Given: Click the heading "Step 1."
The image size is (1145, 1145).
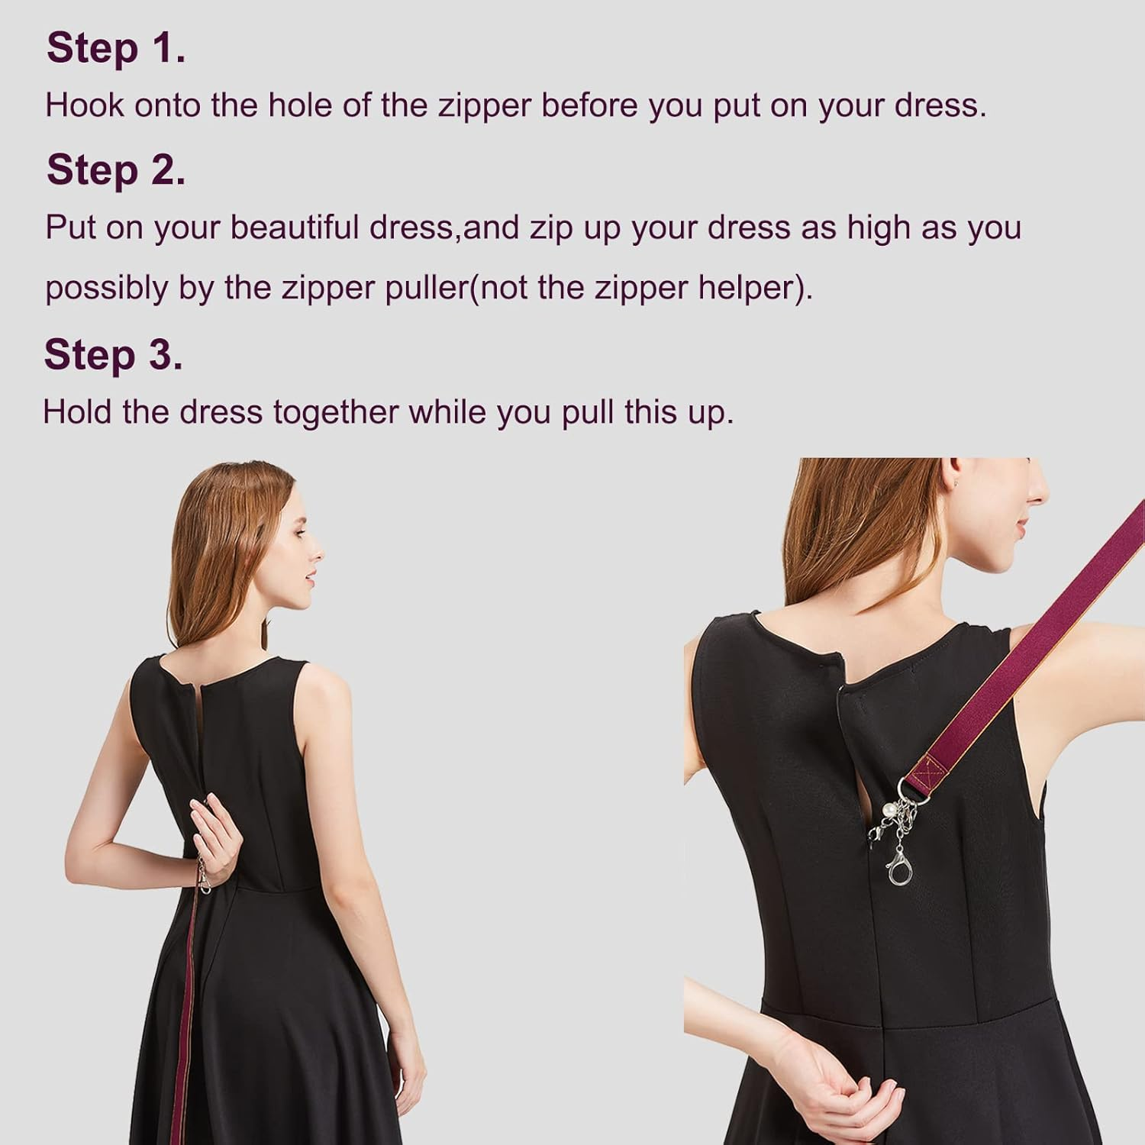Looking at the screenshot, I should pos(116,48).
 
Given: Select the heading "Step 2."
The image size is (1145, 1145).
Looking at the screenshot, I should pos(116,169).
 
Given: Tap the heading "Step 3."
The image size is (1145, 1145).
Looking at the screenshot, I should pos(113,355).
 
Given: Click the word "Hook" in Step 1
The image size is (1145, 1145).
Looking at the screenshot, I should pos(84,105).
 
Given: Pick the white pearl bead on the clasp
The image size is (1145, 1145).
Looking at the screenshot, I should pos(889,807).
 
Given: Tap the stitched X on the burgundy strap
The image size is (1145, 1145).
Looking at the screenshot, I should pos(933,766).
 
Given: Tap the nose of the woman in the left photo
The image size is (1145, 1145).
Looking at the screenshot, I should pos(319,551).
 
